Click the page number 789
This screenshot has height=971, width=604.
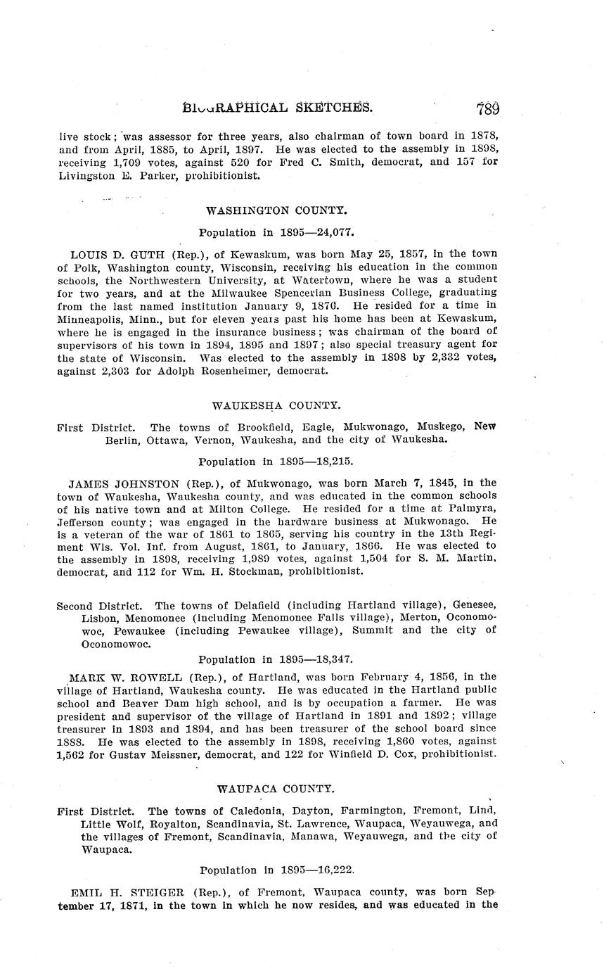[487, 108]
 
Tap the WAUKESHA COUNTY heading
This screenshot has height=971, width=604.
[276, 405]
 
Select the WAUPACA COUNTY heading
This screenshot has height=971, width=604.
[276, 789]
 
